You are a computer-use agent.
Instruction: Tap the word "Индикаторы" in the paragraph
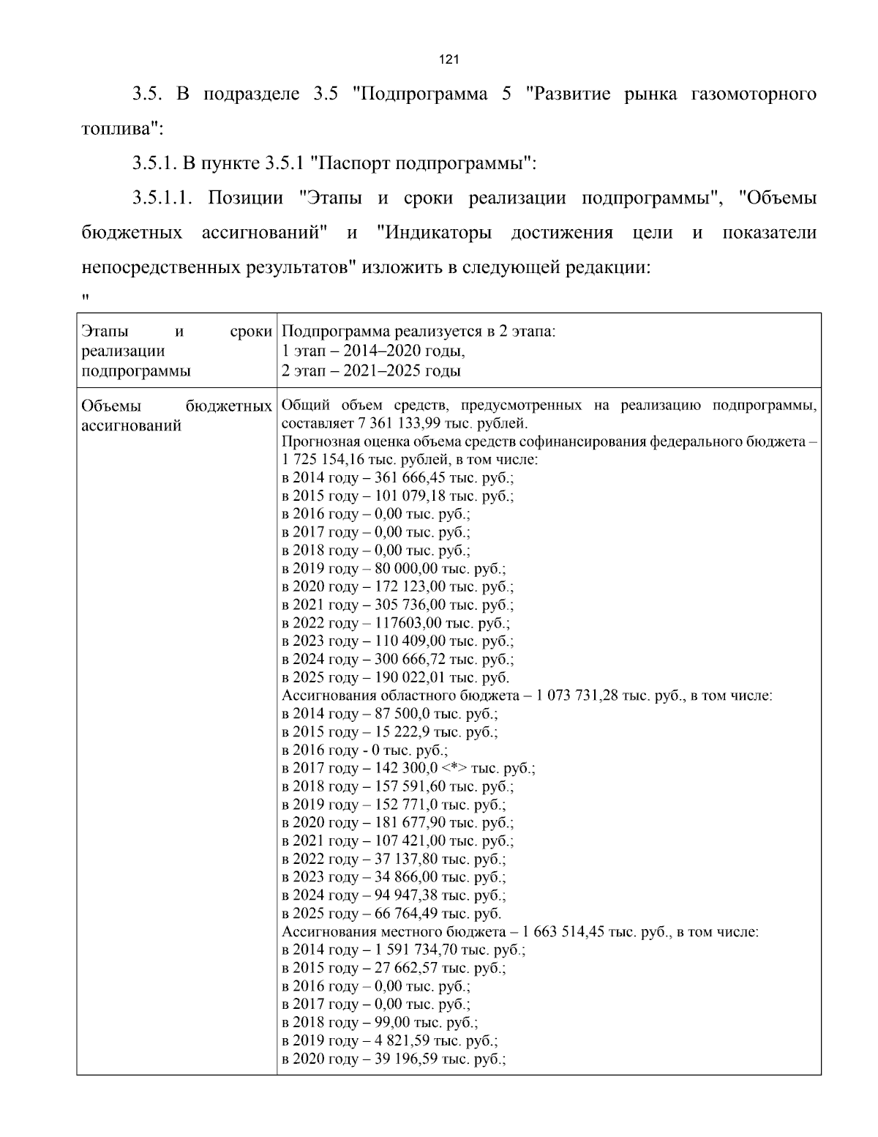coord(438,234)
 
